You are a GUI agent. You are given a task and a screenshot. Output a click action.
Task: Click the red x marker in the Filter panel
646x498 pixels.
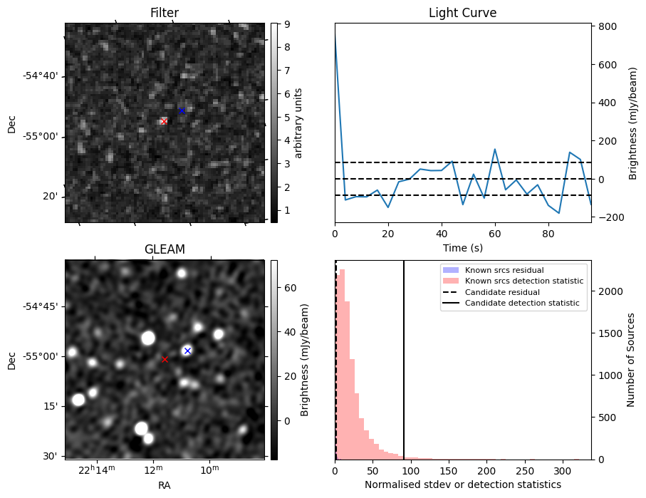(164, 122)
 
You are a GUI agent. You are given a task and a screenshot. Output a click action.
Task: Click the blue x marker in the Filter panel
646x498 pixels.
(182, 110)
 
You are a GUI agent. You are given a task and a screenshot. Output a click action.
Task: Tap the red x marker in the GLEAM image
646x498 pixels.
(165, 359)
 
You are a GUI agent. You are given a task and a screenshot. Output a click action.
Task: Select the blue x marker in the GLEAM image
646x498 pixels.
(187, 351)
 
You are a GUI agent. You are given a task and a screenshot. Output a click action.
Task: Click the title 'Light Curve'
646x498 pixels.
(462, 14)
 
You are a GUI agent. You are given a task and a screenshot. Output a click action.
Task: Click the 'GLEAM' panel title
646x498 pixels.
(165, 249)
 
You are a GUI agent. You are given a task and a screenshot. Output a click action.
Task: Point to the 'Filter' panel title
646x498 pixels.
(165, 14)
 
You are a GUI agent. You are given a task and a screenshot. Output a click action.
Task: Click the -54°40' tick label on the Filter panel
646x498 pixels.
(42, 76)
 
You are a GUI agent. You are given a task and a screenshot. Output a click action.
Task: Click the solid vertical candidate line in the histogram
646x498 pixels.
(404, 370)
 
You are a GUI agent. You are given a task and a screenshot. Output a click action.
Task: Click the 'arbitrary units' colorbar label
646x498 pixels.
(299, 123)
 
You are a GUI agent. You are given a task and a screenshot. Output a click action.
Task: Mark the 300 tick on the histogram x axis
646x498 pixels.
(563, 471)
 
